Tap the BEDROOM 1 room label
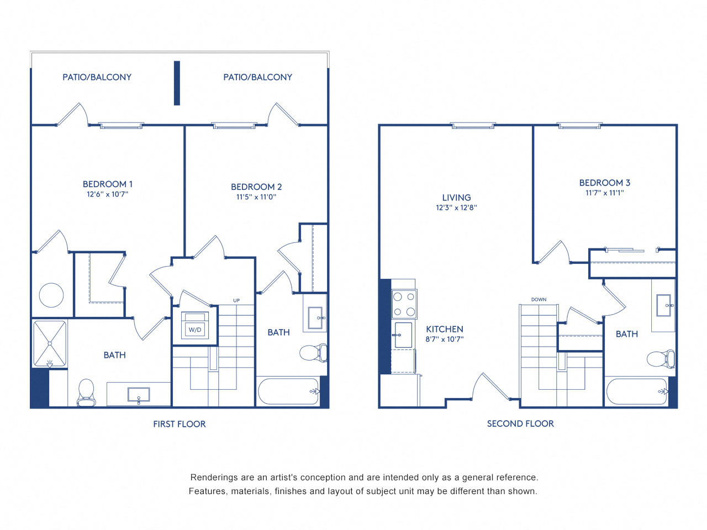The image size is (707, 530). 108,184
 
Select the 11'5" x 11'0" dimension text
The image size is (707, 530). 256,197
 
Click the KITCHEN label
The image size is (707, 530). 445,329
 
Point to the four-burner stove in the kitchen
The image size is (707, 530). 404,304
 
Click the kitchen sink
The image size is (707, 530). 403,335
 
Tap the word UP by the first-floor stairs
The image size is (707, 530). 236,300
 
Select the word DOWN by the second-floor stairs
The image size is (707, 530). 539,300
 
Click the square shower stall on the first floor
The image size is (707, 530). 50,343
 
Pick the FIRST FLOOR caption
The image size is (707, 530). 180,424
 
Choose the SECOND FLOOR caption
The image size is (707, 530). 520,423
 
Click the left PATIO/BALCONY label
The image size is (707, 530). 97,77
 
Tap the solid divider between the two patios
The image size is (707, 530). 177,83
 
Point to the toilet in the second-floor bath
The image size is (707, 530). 661,359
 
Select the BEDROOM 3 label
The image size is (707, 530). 605,183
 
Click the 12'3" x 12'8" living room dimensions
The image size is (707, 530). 456,208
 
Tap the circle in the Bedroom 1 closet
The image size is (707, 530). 51,295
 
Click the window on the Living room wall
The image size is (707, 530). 473,125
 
